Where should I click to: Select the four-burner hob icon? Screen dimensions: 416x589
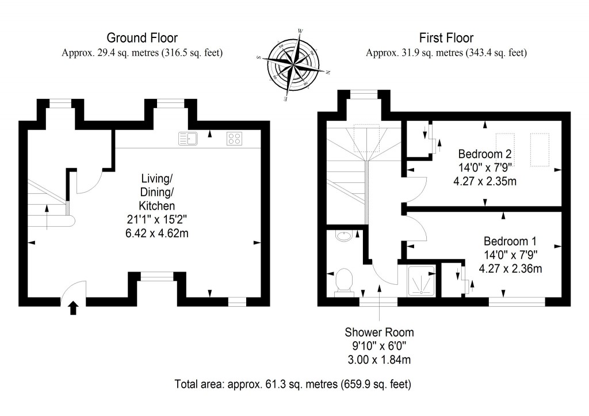[x=234, y=139]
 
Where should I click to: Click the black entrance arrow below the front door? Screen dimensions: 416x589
[x=74, y=308]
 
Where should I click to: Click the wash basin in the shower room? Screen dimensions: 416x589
[x=344, y=236]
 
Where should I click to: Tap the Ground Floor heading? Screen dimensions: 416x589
[x=142, y=39]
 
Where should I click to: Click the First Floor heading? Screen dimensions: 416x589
[x=446, y=39]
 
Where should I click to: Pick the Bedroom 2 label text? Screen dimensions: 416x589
[x=485, y=154]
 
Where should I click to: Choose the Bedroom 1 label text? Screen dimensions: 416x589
[x=510, y=241]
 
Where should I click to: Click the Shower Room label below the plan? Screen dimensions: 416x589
[x=379, y=333]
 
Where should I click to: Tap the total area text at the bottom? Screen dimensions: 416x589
[x=294, y=383]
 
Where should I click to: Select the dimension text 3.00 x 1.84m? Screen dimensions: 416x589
[x=379, y=360]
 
